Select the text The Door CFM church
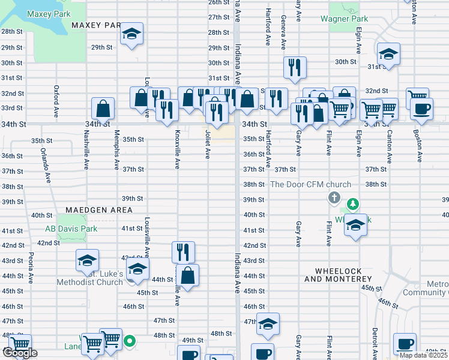click(x=310, y=184)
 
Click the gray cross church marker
click(x=334, y=197)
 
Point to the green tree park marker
click(x=354, y=205)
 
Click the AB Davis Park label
click(x=71, y=229)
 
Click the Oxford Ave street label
click(x=56, y=101)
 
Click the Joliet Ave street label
click(x=208, y=145)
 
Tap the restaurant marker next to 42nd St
click(x=184, y=251)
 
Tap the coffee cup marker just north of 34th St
click(x=421, y=109)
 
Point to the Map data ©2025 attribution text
click(x=423, y=355)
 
